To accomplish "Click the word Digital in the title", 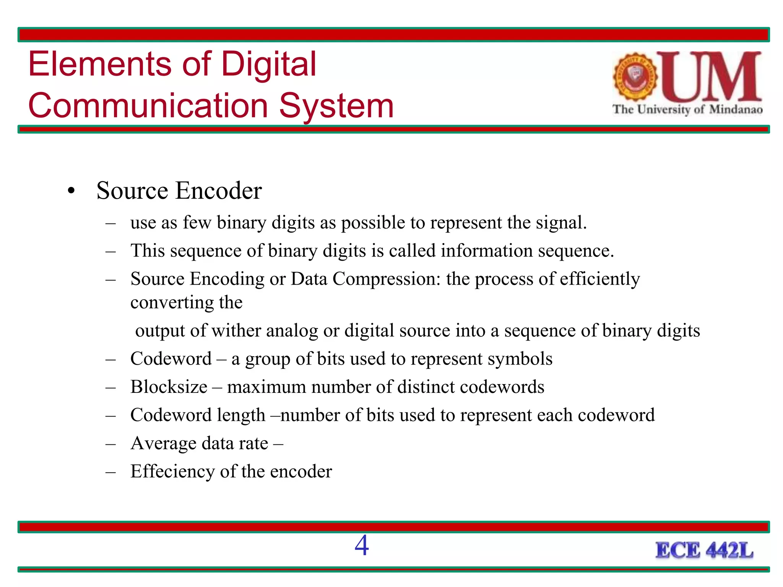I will [269, 64].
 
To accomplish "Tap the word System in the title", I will [336, 106].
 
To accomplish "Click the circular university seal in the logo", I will [635, 77].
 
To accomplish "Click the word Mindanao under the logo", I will [736, 110].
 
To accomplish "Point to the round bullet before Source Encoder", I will [71, 191].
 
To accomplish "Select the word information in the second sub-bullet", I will [487, 251].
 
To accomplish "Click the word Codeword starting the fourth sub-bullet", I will [171, 359].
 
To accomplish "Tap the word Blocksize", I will [169, 387].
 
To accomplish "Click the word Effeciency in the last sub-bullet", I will [172, 472].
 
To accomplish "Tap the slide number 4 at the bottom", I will [362, 546].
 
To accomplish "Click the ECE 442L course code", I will [704, 551].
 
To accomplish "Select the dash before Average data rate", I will [110, 444].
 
